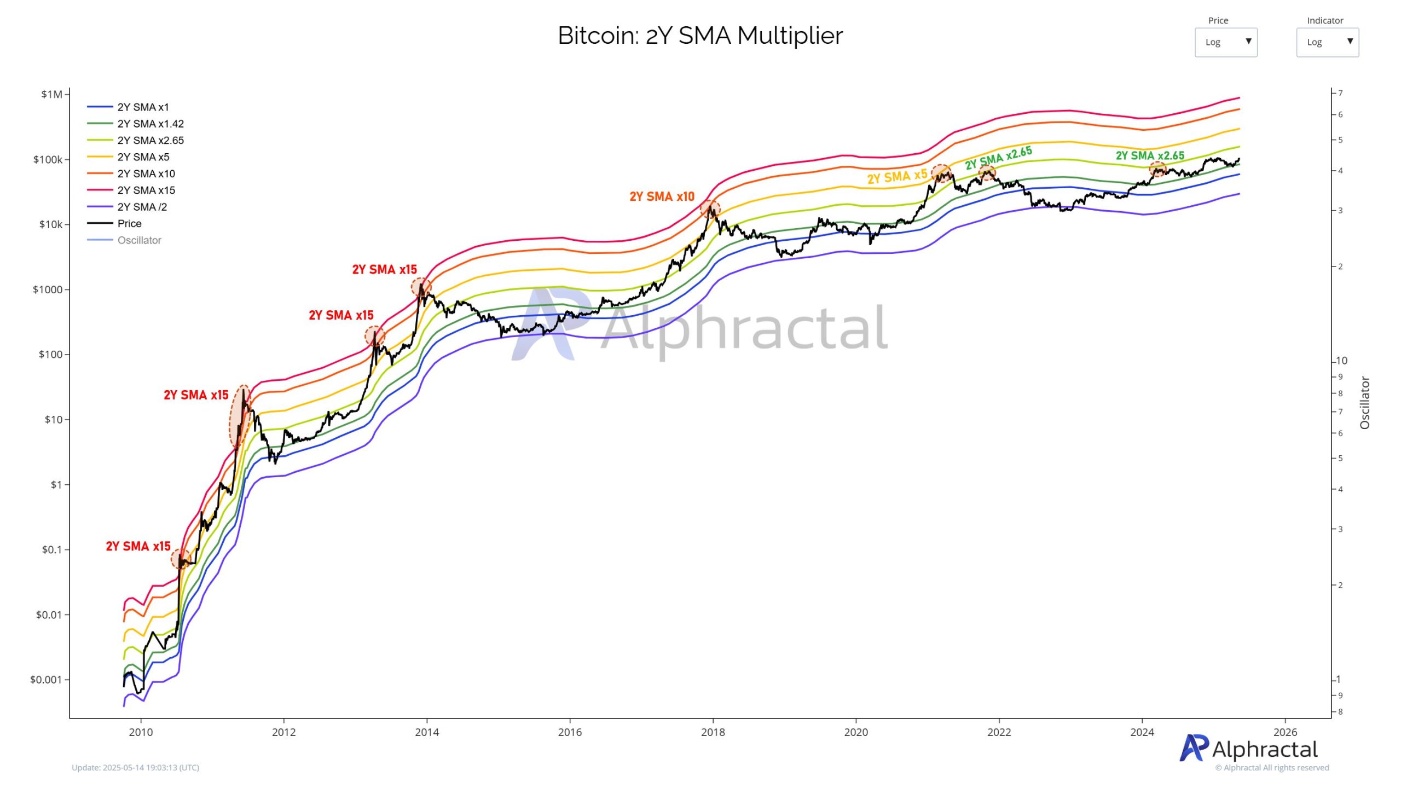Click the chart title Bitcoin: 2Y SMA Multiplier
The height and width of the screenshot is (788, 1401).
click(x=700, y=36)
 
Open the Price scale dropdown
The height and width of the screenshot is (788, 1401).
click(x=1225, y=42)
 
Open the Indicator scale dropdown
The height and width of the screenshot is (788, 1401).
click(x=1327, y=42)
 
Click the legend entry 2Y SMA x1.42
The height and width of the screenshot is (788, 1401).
click(x=150, y=124)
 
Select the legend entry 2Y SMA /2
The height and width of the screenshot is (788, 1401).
click(x=142, y=207)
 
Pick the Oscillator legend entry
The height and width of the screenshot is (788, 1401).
click(x=139, y=240)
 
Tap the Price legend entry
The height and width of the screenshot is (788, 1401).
click(x=129, y=223)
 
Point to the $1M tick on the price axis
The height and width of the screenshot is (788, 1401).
click(x=51, y=94)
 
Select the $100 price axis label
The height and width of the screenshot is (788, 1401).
click(x=50, y=355)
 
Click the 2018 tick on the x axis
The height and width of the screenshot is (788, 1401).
click(x=713, y=732)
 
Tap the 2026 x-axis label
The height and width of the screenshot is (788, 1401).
click(x=1285, y=732)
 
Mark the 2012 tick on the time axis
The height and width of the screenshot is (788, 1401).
click(x=283, y=732)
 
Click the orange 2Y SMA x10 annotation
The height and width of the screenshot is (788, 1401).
click(x=662, y=196)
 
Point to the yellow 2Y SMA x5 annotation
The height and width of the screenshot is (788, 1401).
click(x=897, y=177)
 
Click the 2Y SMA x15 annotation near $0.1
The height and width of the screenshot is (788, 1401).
click(x=138, y=546)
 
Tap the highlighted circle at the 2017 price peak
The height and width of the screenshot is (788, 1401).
click(x=710, y=208)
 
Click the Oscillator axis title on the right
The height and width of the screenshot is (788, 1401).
click(x=1364, y=402)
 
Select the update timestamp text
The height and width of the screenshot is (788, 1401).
click(x=135, y=767)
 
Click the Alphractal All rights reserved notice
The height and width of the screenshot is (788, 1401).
click(x=1272, y=767)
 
